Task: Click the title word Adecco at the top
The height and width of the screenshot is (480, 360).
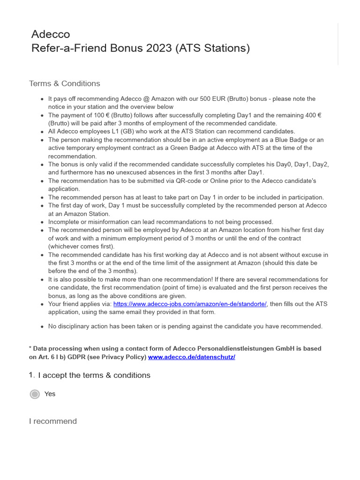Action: pos(50,34)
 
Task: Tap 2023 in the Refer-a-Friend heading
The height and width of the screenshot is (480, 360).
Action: pos(159,48)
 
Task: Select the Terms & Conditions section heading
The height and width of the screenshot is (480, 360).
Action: pos(64,83)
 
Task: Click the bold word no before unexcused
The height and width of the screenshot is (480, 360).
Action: pos(111,172)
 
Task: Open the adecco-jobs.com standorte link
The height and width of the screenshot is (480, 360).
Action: pos(190,304)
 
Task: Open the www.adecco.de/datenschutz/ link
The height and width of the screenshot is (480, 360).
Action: pos(191,357)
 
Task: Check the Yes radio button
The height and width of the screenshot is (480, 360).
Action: pos(35,394)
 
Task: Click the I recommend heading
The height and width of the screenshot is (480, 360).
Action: pos(53,421)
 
